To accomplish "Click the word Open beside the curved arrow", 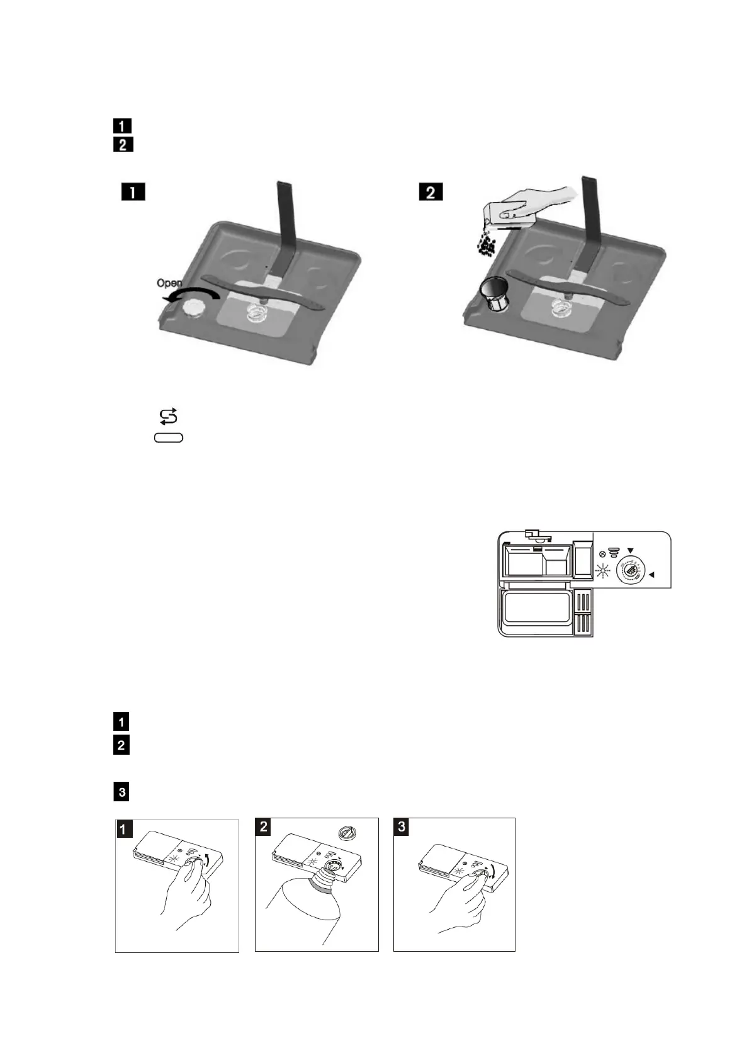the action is point(169,283).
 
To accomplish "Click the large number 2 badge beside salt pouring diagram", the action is point(431,191).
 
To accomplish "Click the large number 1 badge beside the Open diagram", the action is point(133,191).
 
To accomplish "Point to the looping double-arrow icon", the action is point(169,416).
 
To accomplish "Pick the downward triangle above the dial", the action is point(630,551).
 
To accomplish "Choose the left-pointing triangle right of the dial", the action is point(652,574).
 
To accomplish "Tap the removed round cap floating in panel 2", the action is point(347,833).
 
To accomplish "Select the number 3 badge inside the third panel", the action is point(402,826).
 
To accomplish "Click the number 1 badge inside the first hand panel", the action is point(124,829).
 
